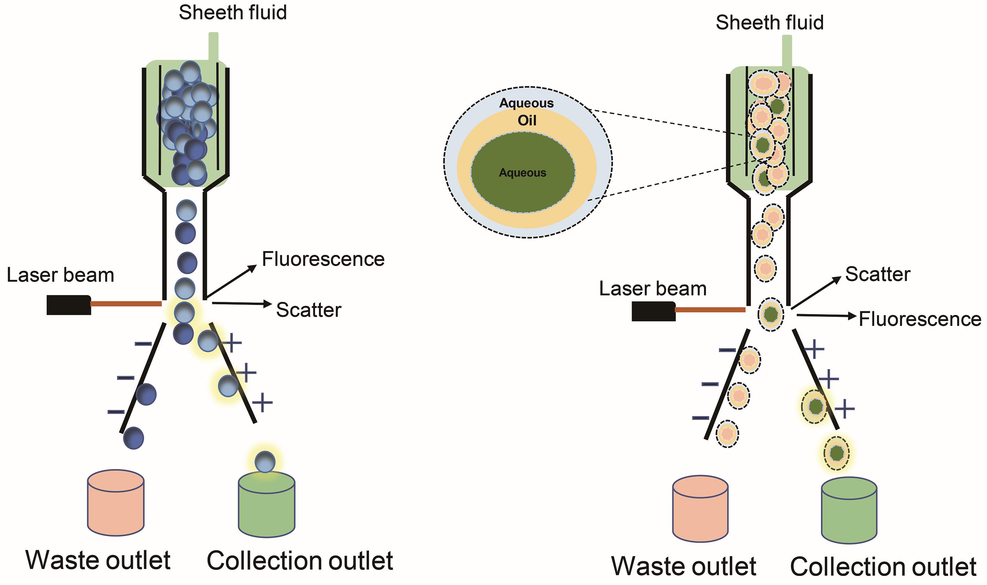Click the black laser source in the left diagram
click(69, 305)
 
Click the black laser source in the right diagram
click(653, 311)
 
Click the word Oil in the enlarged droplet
click(527, 120)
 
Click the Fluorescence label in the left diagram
click(323, 259)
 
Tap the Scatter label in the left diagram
click(308, 310)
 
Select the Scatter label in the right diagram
click(877, 274)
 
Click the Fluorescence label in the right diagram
click(919, 319)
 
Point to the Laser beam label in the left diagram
click(60, 275)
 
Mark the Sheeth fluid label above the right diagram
click(769, 23)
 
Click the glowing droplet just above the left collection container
click(265, 462)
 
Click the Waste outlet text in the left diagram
click(98, 560)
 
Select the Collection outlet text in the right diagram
click(883, 567)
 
